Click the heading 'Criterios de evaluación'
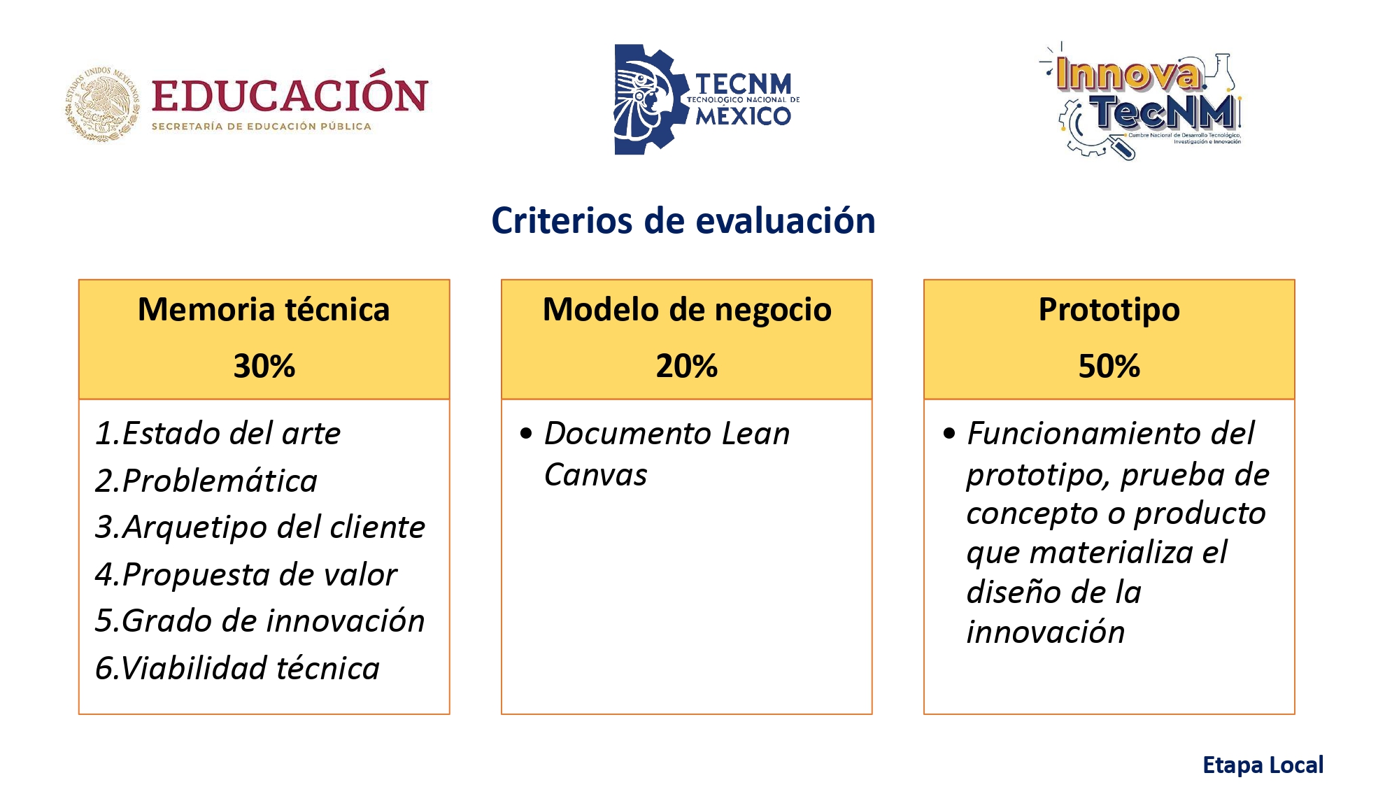683,220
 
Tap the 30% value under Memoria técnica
264,366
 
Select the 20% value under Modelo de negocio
687,366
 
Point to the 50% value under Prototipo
1109,366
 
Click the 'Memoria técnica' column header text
264,309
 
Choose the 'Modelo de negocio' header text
687,310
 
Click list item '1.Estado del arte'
218,433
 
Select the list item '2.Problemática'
206,481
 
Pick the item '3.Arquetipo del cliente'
260,527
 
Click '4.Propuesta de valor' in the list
246,574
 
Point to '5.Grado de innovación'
260,621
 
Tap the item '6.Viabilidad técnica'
237,668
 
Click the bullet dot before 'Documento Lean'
526,433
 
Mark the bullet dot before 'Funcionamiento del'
949,433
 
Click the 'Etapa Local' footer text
1263,765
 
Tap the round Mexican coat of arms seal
102,105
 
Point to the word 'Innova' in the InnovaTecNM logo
1128,73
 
